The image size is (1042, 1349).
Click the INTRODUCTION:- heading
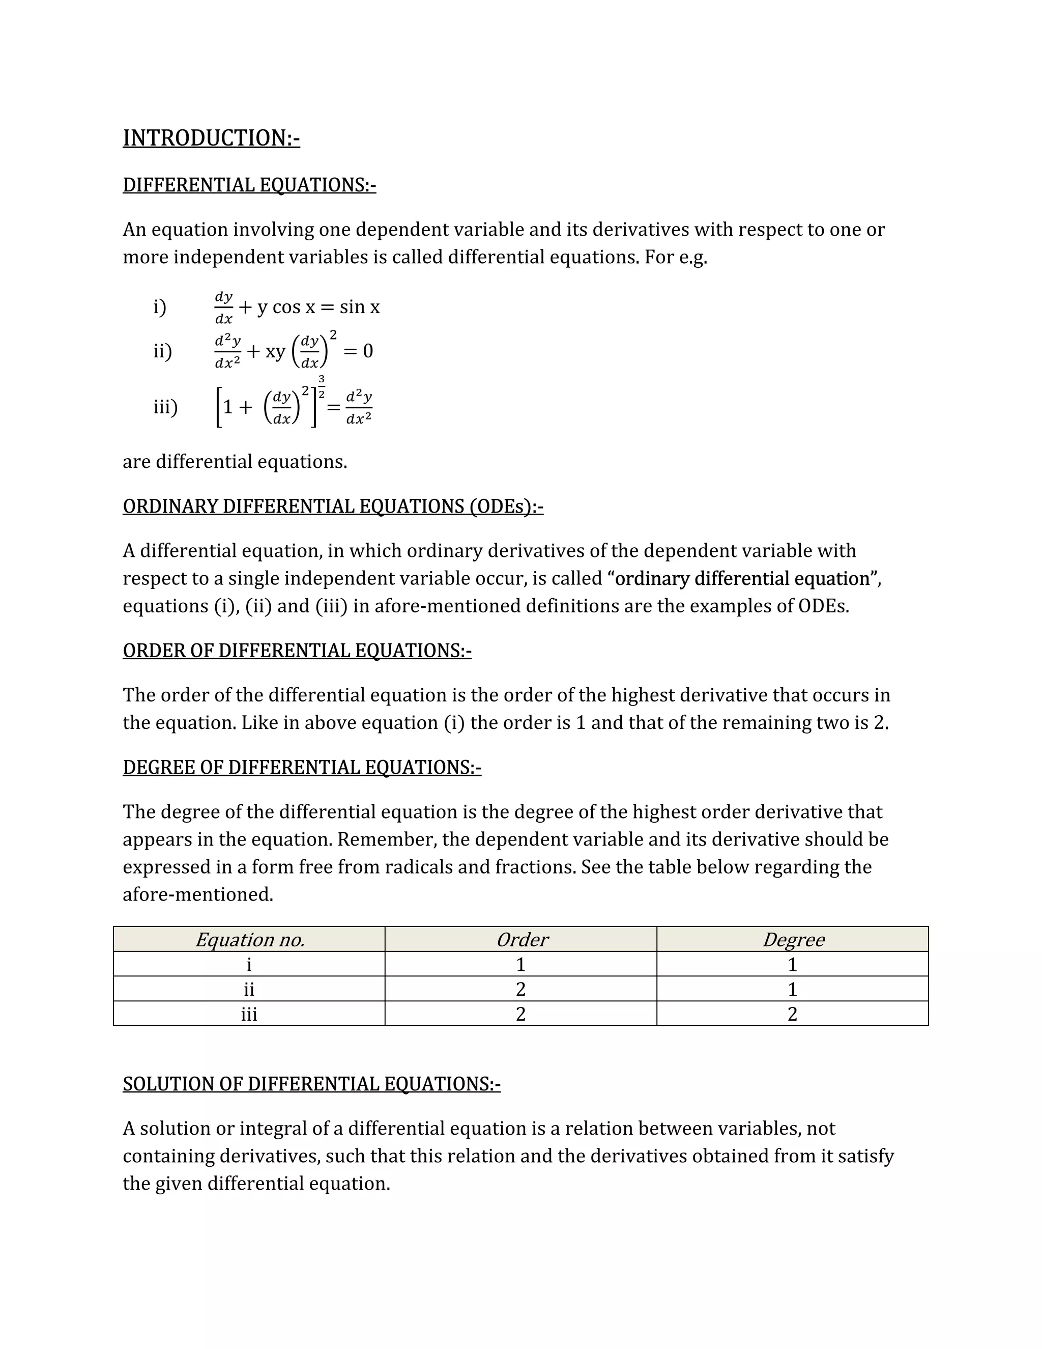pyautogui.click(x=211, y=138)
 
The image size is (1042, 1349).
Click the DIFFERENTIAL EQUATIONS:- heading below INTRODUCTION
pyautogui.click(x=249, y=185)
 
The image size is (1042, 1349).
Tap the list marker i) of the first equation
pyautogui.click(x=160, y=306)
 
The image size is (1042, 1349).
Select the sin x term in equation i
pyautogui.click(x=359, y=306)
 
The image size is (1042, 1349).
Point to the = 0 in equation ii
pyautogui.click(x=358, y=351)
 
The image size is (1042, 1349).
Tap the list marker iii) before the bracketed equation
pyautogui.click(x=165, y=407)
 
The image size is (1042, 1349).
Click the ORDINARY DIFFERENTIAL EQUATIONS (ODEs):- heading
pyautogui.click(x=333, y=506)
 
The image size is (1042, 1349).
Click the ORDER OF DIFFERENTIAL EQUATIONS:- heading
pyautogui.click(x=297, y=651)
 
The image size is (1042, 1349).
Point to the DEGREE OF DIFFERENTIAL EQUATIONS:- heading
pyautogui.click(x=302, y=767)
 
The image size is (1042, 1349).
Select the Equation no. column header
pyautogui.click(x=249, y=940)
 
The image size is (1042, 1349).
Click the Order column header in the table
pyautogui.click(x=521, y=940)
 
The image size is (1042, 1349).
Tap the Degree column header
pyautogui.click(x=793, y=940)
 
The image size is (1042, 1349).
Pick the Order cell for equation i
pyautogui.click(x=521, y=964)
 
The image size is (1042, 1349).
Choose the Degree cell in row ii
pyautogui.click(x=793, y=989)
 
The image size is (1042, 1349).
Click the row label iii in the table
pyautogui.click(x=249, y=1014)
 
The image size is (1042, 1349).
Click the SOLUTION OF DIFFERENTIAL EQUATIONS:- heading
pyautogui.click(x=312, y=1083)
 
